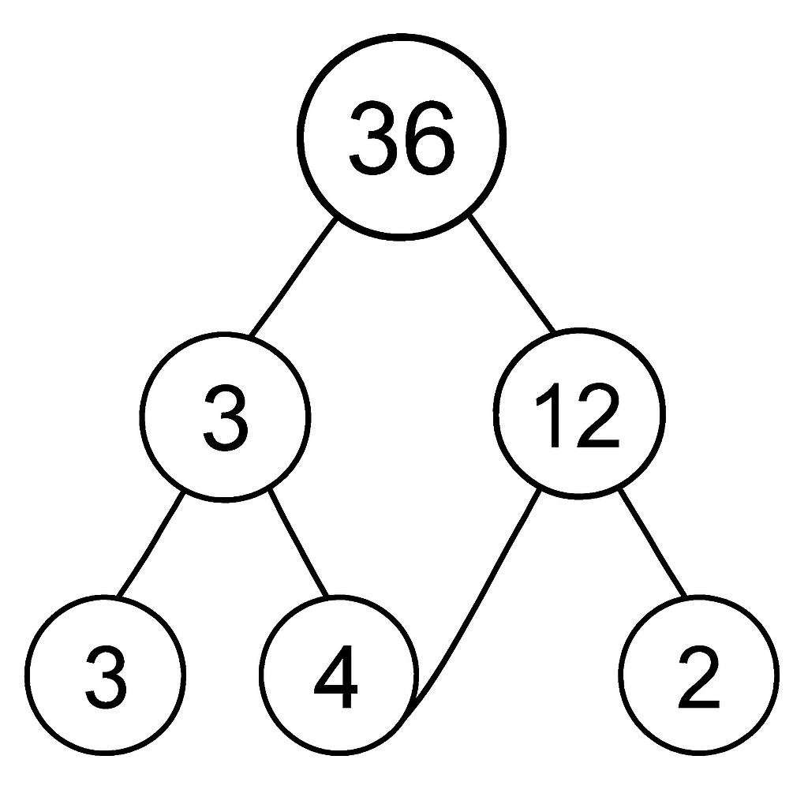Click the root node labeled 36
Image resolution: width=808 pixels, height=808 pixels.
coord(402,137)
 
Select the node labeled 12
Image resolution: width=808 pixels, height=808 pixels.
coord(578,413)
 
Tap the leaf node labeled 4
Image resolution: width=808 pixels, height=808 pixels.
coord(338,675)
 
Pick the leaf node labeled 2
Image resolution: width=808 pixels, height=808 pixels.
coord(699,675)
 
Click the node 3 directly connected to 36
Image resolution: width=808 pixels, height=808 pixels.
coord(225,417)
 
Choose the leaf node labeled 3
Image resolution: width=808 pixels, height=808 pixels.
coord(105,675)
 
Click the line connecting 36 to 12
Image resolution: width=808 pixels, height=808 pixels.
coord(511,274)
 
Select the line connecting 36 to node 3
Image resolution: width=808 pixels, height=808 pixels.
coord(294,277)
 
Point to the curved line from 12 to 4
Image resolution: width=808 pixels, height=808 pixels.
coord(477,608)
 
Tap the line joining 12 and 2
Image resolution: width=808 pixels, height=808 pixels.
coord(653,543)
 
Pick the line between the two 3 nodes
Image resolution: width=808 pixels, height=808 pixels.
coord(150,545)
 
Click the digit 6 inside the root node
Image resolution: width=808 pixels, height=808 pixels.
coord(429,137)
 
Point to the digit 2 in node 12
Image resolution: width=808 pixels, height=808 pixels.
coord(595,415)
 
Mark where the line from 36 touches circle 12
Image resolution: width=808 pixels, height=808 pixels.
coord(555,332)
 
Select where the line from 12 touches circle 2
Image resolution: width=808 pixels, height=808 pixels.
coord(686,597)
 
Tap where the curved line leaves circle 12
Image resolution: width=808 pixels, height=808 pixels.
coord(541,489)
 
